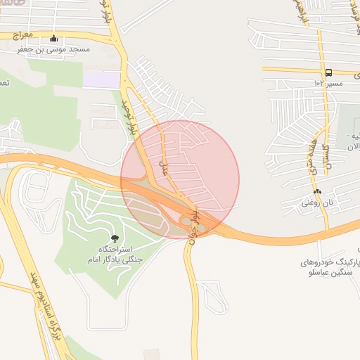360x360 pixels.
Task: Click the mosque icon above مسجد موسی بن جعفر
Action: click(54, 39)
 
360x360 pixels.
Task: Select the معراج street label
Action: click(23, 33)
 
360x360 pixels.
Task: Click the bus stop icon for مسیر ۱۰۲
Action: click(328, 72)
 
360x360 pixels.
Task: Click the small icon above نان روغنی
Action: click(317, 191)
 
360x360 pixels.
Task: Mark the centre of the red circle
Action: click(180, 179)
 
